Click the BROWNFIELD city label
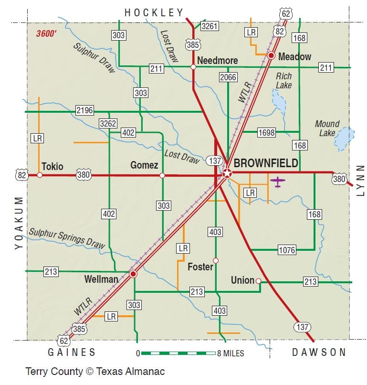pyautogui.click(x=266, y=163)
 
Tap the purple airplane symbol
pyautogui.click(x=277, y=182)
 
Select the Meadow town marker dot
pyautogui.click(x=271, y=56)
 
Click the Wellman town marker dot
pyautogui.click(x=133, y=274)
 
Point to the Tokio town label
pyautogui.click(x=52, y=166)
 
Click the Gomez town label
pyautogui.click(x=144, y=165)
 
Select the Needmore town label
pyautogui.click(x=217, y=61)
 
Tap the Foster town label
pyautogui.click(x=200, y=267)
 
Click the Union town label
pyautogui.click(x=242, y=280)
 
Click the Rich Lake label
pyautogui.click(x=283, y=81)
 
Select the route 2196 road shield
pyautogui.click(x=85, y=111)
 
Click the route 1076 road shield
pyautogui.click(x=287, y=249)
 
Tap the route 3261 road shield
pyautogui.click(x=210, y=26)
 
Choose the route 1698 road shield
pyautogui.click(x=266, y=132)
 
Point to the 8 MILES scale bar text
pyautogui.click(x=231, y=353)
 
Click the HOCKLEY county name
pyautogui.click(x=154, y=13)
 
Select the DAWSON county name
pyautogui.click(x=319, y=352)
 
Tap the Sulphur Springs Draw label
pyautogui.click(x=67, y=237)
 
